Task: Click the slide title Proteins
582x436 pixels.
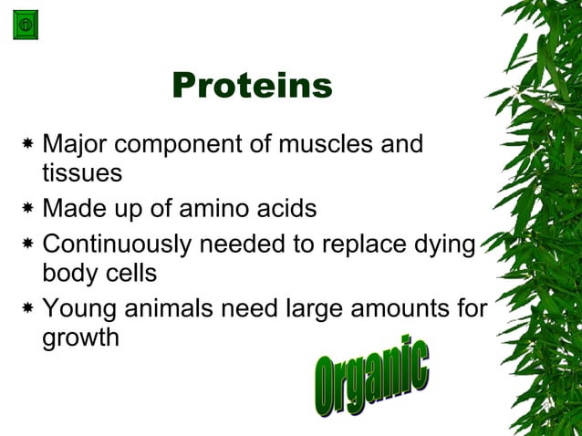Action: pos(252,87)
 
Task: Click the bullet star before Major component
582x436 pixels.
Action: pos(29,145)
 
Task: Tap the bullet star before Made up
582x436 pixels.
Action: pos(29,210)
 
